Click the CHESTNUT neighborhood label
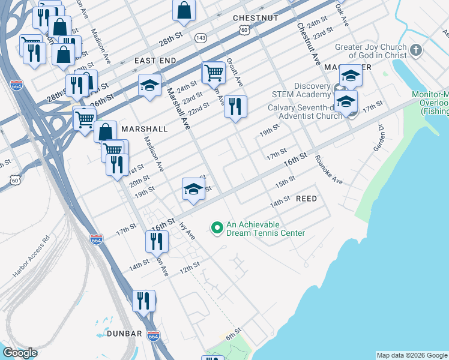click(x=255, y=18)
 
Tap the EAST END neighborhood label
click(x=155, y=61)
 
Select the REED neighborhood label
click(x=306, y=198)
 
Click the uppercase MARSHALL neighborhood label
click(x=144, y=129)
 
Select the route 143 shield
click(x=200, y=38)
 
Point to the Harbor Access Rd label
click(x=30, y=260)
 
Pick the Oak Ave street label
click(x=342, y=13)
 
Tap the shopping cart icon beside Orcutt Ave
click(x=213, y=73)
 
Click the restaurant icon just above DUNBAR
click(x=143, y=300)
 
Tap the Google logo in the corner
click(x=20, y=353)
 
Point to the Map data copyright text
click(x=412, y=355)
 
